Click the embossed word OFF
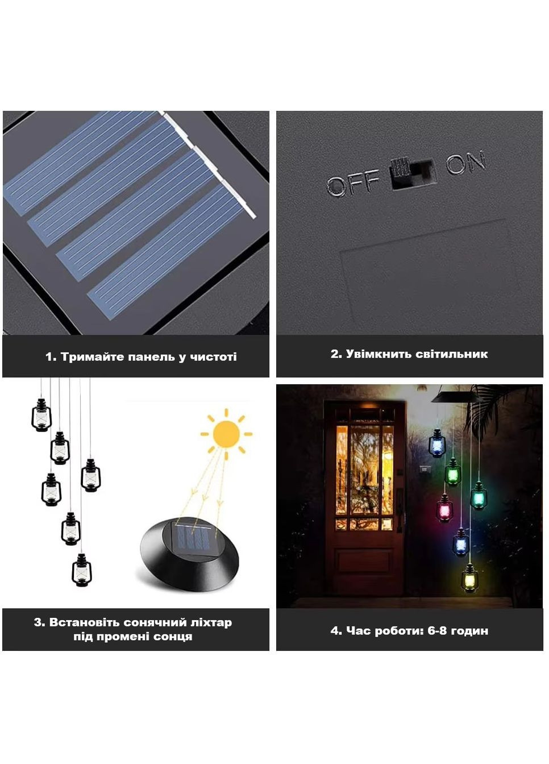click(353, 182)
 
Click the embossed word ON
click(466, 162)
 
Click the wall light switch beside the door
click(424, 470)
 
